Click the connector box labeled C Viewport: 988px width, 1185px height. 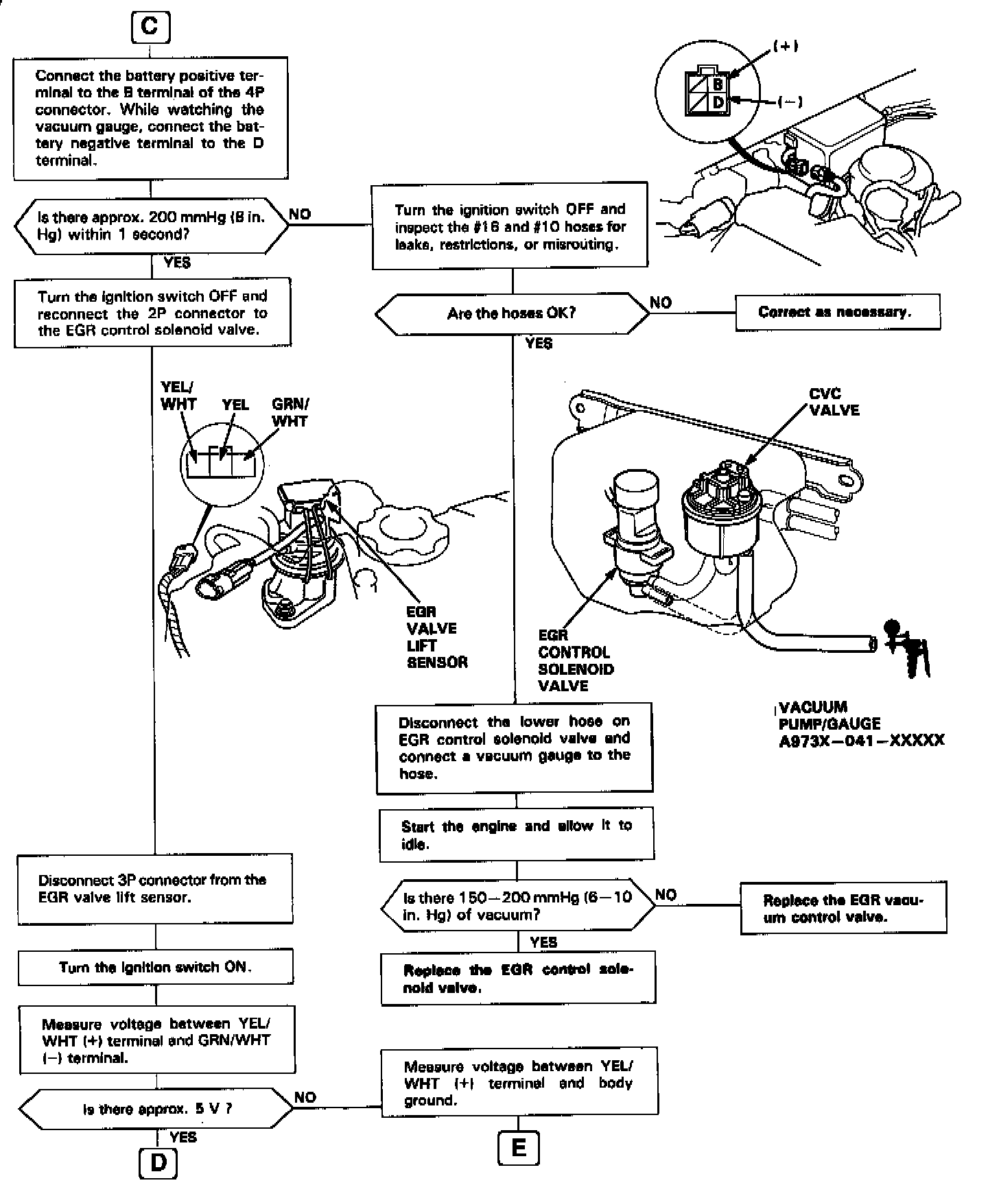coord(150,27)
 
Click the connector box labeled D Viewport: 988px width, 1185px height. coord(158,1164)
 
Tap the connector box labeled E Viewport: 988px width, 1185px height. coord(519,1148)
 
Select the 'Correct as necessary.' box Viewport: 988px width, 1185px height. coord(837,312)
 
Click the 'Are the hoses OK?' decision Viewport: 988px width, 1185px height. coord(512,313)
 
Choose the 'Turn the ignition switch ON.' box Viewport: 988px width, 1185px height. coord(155,967)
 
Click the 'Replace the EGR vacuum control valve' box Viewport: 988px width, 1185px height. coord(843,908)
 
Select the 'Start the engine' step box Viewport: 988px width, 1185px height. coord(516,834)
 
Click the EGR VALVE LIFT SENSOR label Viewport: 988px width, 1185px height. coord(436,637)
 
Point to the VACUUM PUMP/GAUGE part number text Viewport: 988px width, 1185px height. coord(861,741)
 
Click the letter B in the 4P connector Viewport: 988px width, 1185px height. coord(718,84)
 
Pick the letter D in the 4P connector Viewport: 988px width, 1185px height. coord(718,103)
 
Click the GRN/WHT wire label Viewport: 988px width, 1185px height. coord(290,412)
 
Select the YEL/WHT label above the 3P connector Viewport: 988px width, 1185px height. coord(178,396)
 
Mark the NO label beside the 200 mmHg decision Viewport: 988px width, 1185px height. coord(300,214)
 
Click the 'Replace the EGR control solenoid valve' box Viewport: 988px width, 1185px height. coord(518,979)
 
